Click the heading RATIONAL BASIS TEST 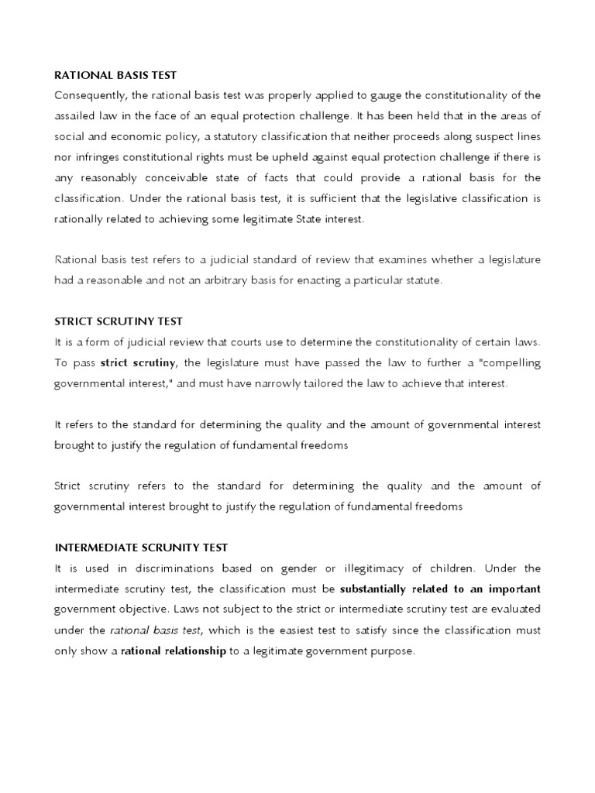[115, 75]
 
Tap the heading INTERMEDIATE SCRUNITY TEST [141, 548]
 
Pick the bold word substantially [376, 589]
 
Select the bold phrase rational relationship [174, 651]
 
